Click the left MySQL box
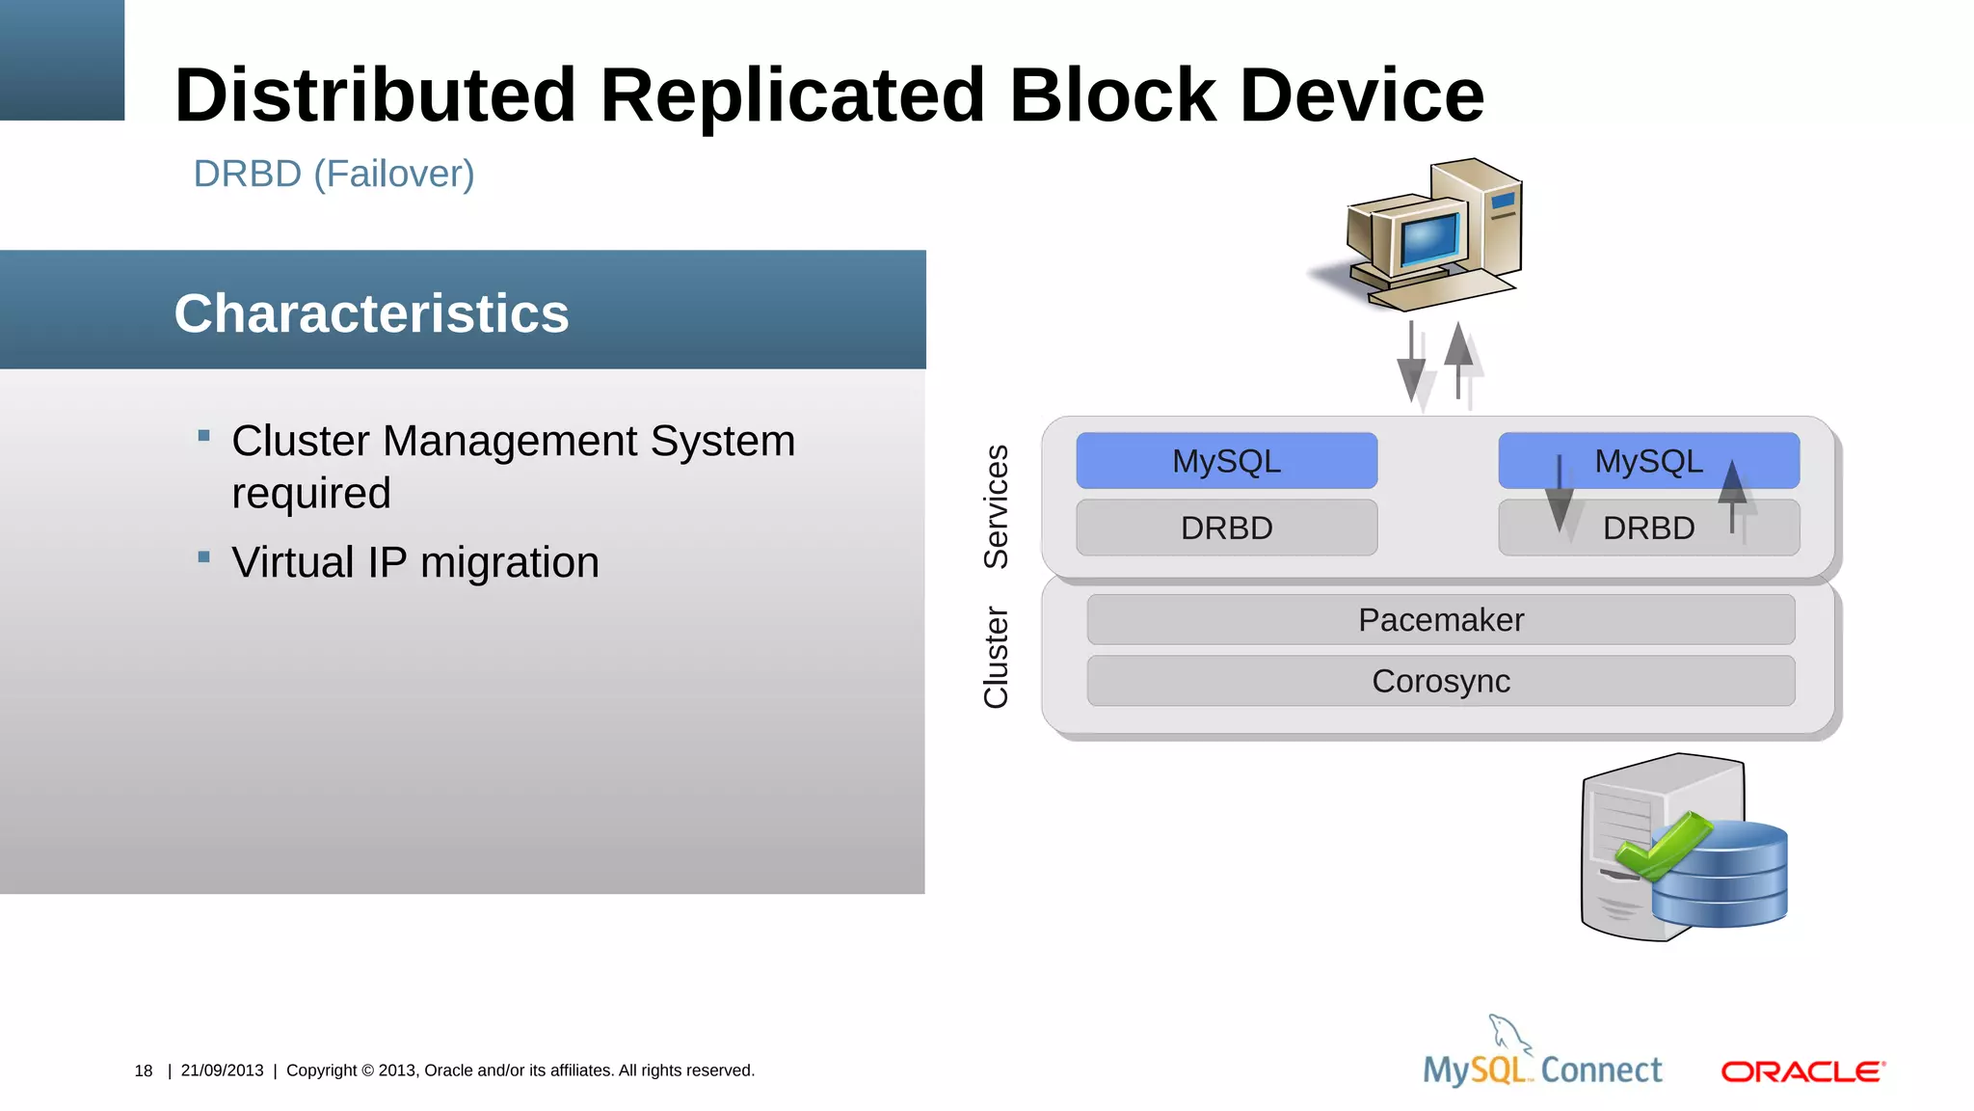pos(1226,461)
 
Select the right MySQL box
pos(1648,461)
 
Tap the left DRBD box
pos(1226,528)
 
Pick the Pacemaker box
pos(1440,620)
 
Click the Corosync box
pos(1440,681)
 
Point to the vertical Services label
pos(996,506)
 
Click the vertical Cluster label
pos(996,657)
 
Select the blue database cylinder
pos(1721,876)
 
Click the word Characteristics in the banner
pos(371,313)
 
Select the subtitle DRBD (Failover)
pos(333,175)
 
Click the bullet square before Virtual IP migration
pos(203,557)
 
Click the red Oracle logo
pos(1802,1071)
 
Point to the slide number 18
pos(144,1070)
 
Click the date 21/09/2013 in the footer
pos(222,1070)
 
